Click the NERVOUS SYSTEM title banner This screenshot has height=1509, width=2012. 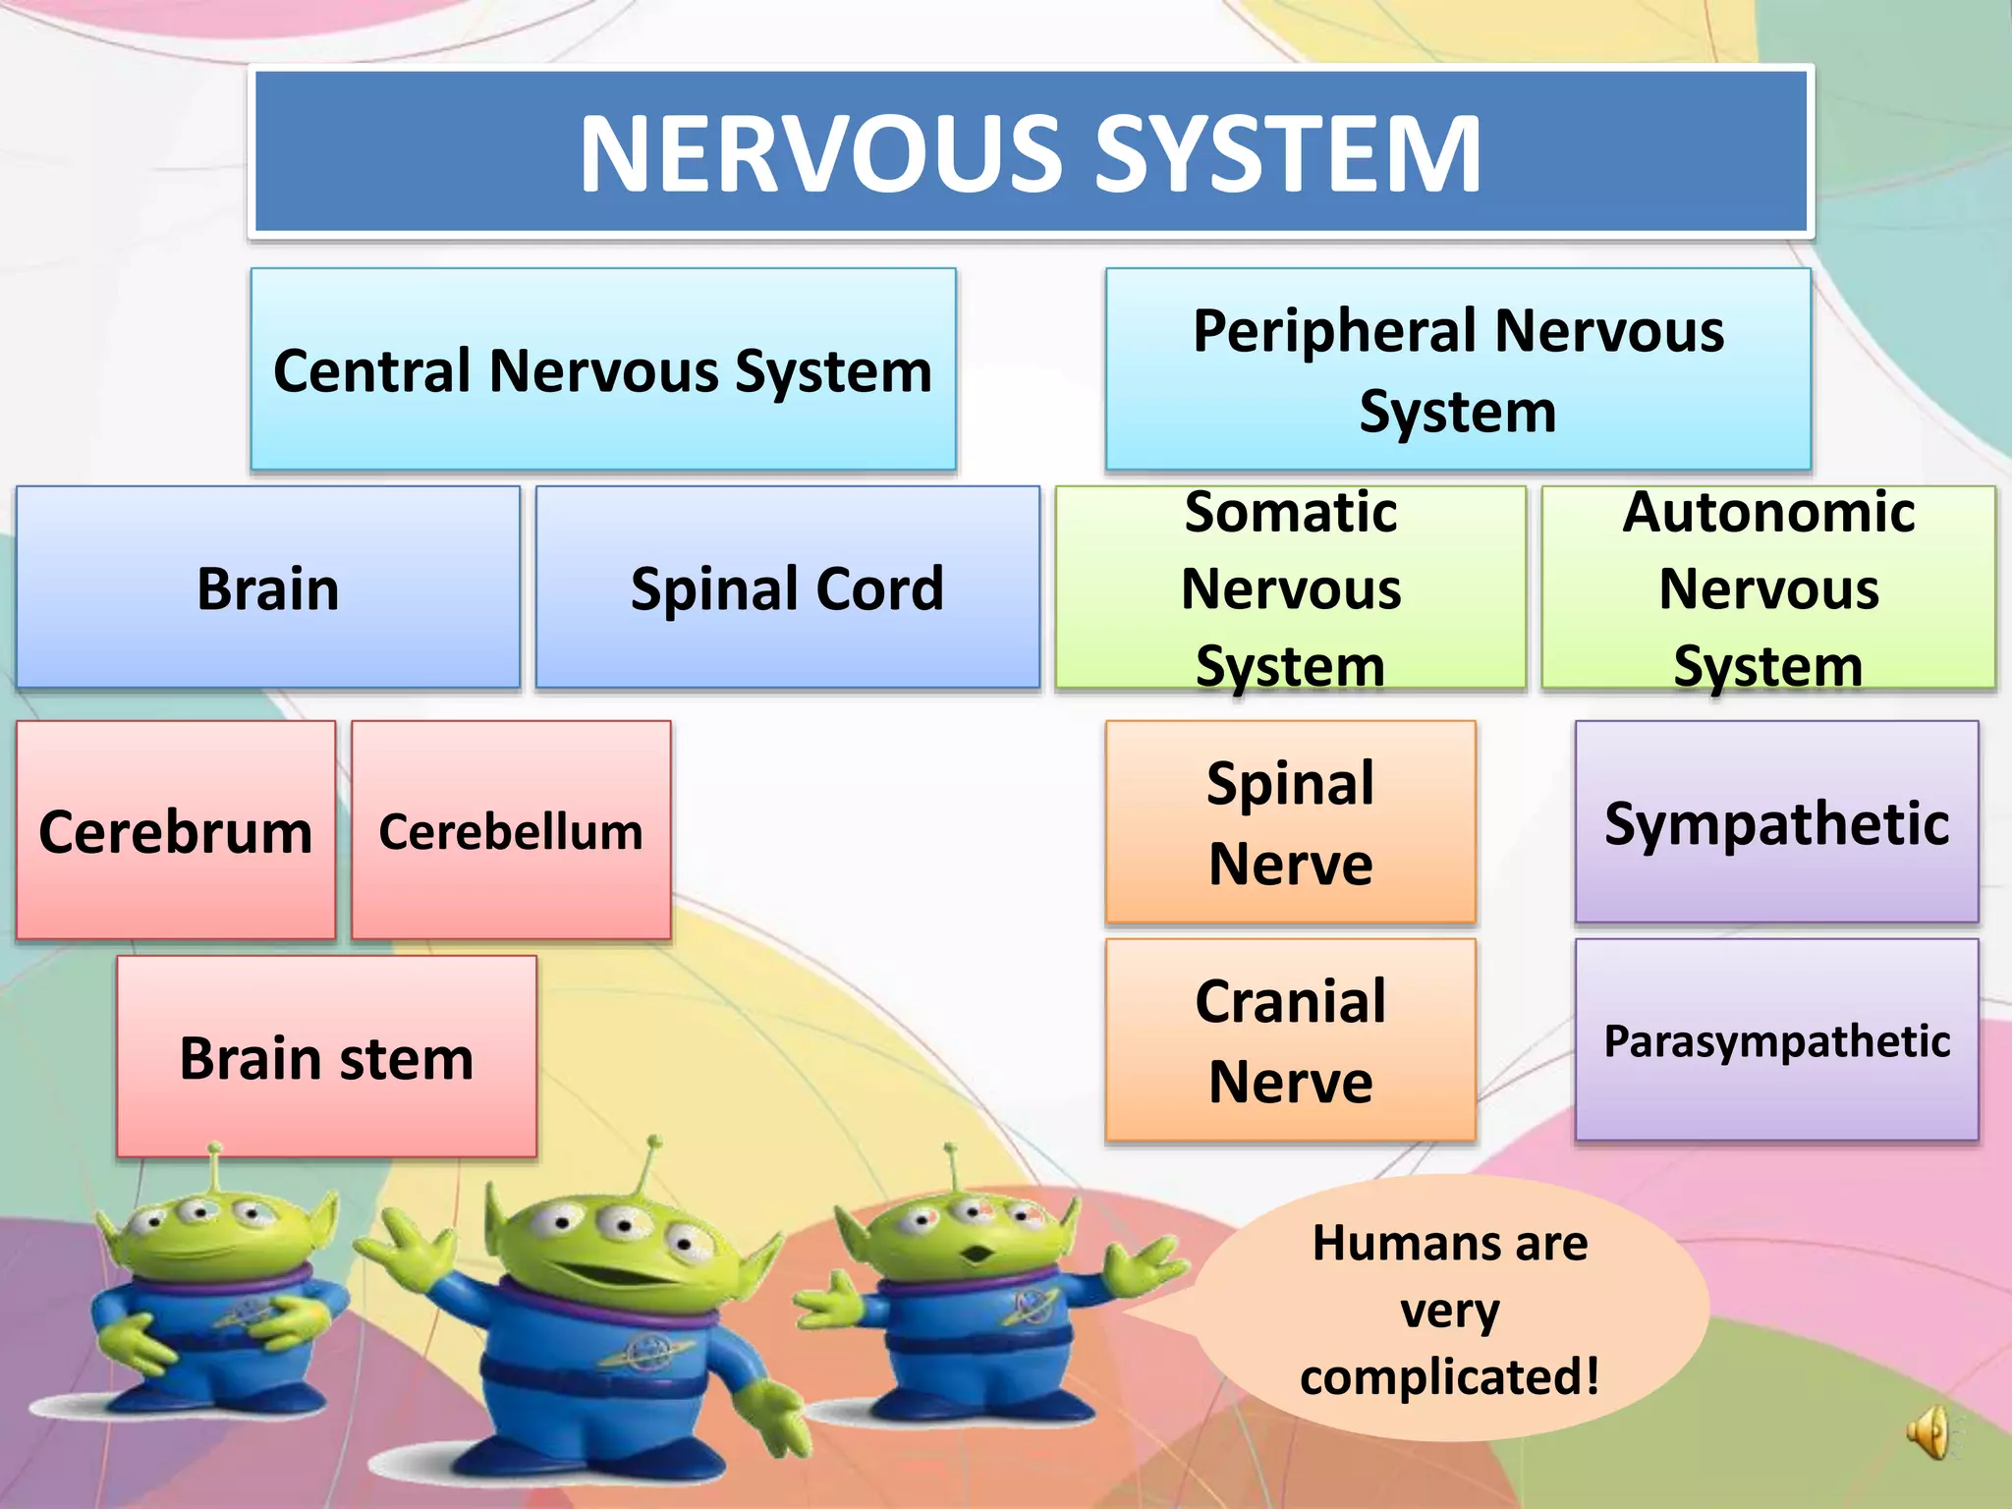pyautogui.click(x=1030, y=152)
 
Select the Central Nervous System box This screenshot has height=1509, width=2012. pyautogui.click(x=602, y=369)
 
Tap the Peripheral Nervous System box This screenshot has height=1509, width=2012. pyautogui.click(x=1458, y=369)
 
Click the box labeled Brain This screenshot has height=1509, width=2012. pyautogui.click(x=267, y=587)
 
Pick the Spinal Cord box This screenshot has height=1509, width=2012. pyautogui.click(x=787, y=587)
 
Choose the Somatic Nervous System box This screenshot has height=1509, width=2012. pyautogui.click(x=1290, y=587)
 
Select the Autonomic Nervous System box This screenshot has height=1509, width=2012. pyautogui.click(x=1767, y=587)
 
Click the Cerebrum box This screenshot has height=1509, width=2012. pyautogui.click(x=175, y=831)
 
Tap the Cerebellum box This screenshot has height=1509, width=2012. pyautogui.click(x=511, y=831)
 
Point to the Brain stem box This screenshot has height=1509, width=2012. pyautogui.click(x=326, y=1057)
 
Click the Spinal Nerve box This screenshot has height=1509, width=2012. pyautogui.click(x=1290, y=822)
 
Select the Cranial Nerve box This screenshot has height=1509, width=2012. pyautogui.click(x=1290, y=1039)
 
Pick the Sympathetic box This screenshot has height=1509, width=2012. pyautogui.click(x=1776, y=822)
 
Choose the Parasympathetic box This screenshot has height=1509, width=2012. pyautogui.click(x=1776, y=1039)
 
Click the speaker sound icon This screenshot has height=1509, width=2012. pyautogui.click(x=1928, y=1432)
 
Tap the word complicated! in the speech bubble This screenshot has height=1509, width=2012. pyautogui.click(x=1449, y=1375)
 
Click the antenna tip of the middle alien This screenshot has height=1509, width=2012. pyautogui.click(x=654, y=1143)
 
